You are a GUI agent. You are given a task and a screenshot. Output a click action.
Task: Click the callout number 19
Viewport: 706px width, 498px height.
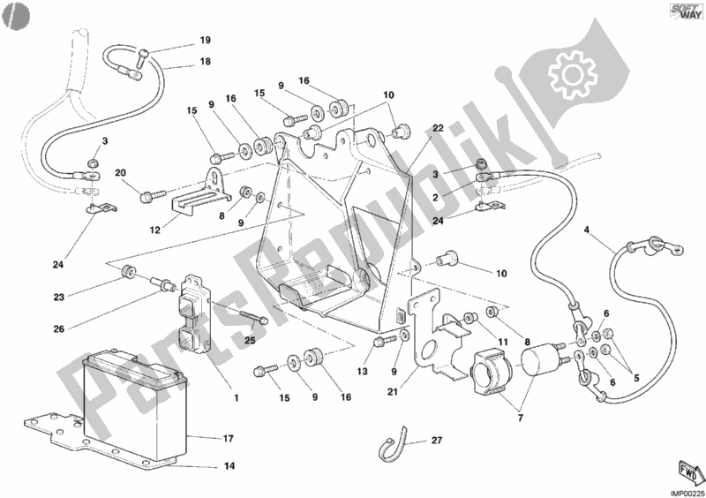pyautogui.click(x=205, y=41)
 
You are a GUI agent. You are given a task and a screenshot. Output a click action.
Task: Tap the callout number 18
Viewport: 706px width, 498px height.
pyautogui.click(x=205, y=61)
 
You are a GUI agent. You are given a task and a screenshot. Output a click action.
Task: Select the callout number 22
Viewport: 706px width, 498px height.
pyautogui.click(x=437, y=128)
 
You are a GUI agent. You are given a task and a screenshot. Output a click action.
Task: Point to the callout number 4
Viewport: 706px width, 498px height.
pyautogui.click(x=587, y=232)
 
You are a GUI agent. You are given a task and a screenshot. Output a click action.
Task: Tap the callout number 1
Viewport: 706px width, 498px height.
pyautogui.click(x=236, y=396)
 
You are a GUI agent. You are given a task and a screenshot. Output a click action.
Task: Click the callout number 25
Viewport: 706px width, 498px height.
pyautogui.click(x=249, y=341)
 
